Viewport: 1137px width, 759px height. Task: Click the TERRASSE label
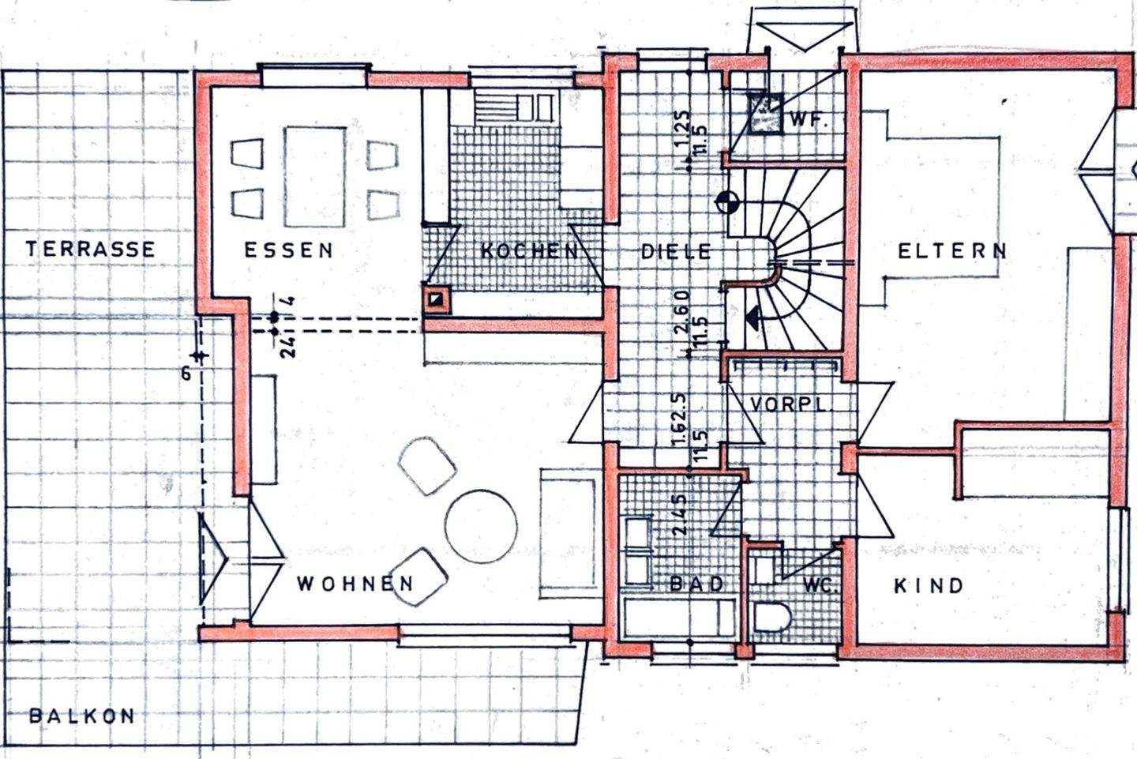coord(90,250)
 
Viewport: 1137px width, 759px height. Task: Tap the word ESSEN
coord(288,250)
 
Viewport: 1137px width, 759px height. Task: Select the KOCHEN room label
coord(529,251)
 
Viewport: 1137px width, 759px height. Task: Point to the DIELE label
coord(675,252)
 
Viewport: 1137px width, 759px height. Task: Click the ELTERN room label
coord(952,251)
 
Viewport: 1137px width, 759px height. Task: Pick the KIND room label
coord(929,586)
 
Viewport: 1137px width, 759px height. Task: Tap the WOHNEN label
coord(355,584)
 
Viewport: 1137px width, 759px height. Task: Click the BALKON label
coord(81,716)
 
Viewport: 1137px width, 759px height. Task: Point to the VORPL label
coord(787,404)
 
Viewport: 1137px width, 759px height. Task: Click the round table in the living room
coord(481,527)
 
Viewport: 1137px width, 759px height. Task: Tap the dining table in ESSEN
coord(314,176)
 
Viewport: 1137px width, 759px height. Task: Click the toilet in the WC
coord(771,617)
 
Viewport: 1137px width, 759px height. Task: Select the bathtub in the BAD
coord(679,618)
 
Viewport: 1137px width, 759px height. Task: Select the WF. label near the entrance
coord(807,122)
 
